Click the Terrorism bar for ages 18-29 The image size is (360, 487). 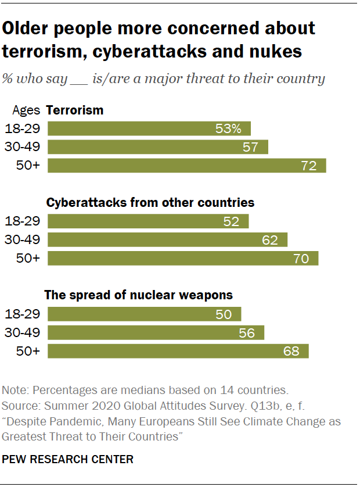[x=149, y=128]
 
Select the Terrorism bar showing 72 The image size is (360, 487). [x=186, y=166]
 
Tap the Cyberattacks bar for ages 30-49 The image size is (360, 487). [x=167, y=239]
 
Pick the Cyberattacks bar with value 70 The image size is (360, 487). [x=183, y=258]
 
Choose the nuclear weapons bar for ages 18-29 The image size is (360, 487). [x=144, y=314]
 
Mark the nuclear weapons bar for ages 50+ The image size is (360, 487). [x=178, y=351]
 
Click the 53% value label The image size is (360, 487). [x=228, y=128]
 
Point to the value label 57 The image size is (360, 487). [x=250, y=147]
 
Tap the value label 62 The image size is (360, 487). [x=270, y=239]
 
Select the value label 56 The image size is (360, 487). [x=247, y=332]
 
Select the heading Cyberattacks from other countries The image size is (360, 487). [x=150, y=203]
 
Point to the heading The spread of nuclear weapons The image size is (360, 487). [x=139, y=295]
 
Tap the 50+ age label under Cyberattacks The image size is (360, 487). [x=28, y=258]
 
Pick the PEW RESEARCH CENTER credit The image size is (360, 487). [x=68, y=459]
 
